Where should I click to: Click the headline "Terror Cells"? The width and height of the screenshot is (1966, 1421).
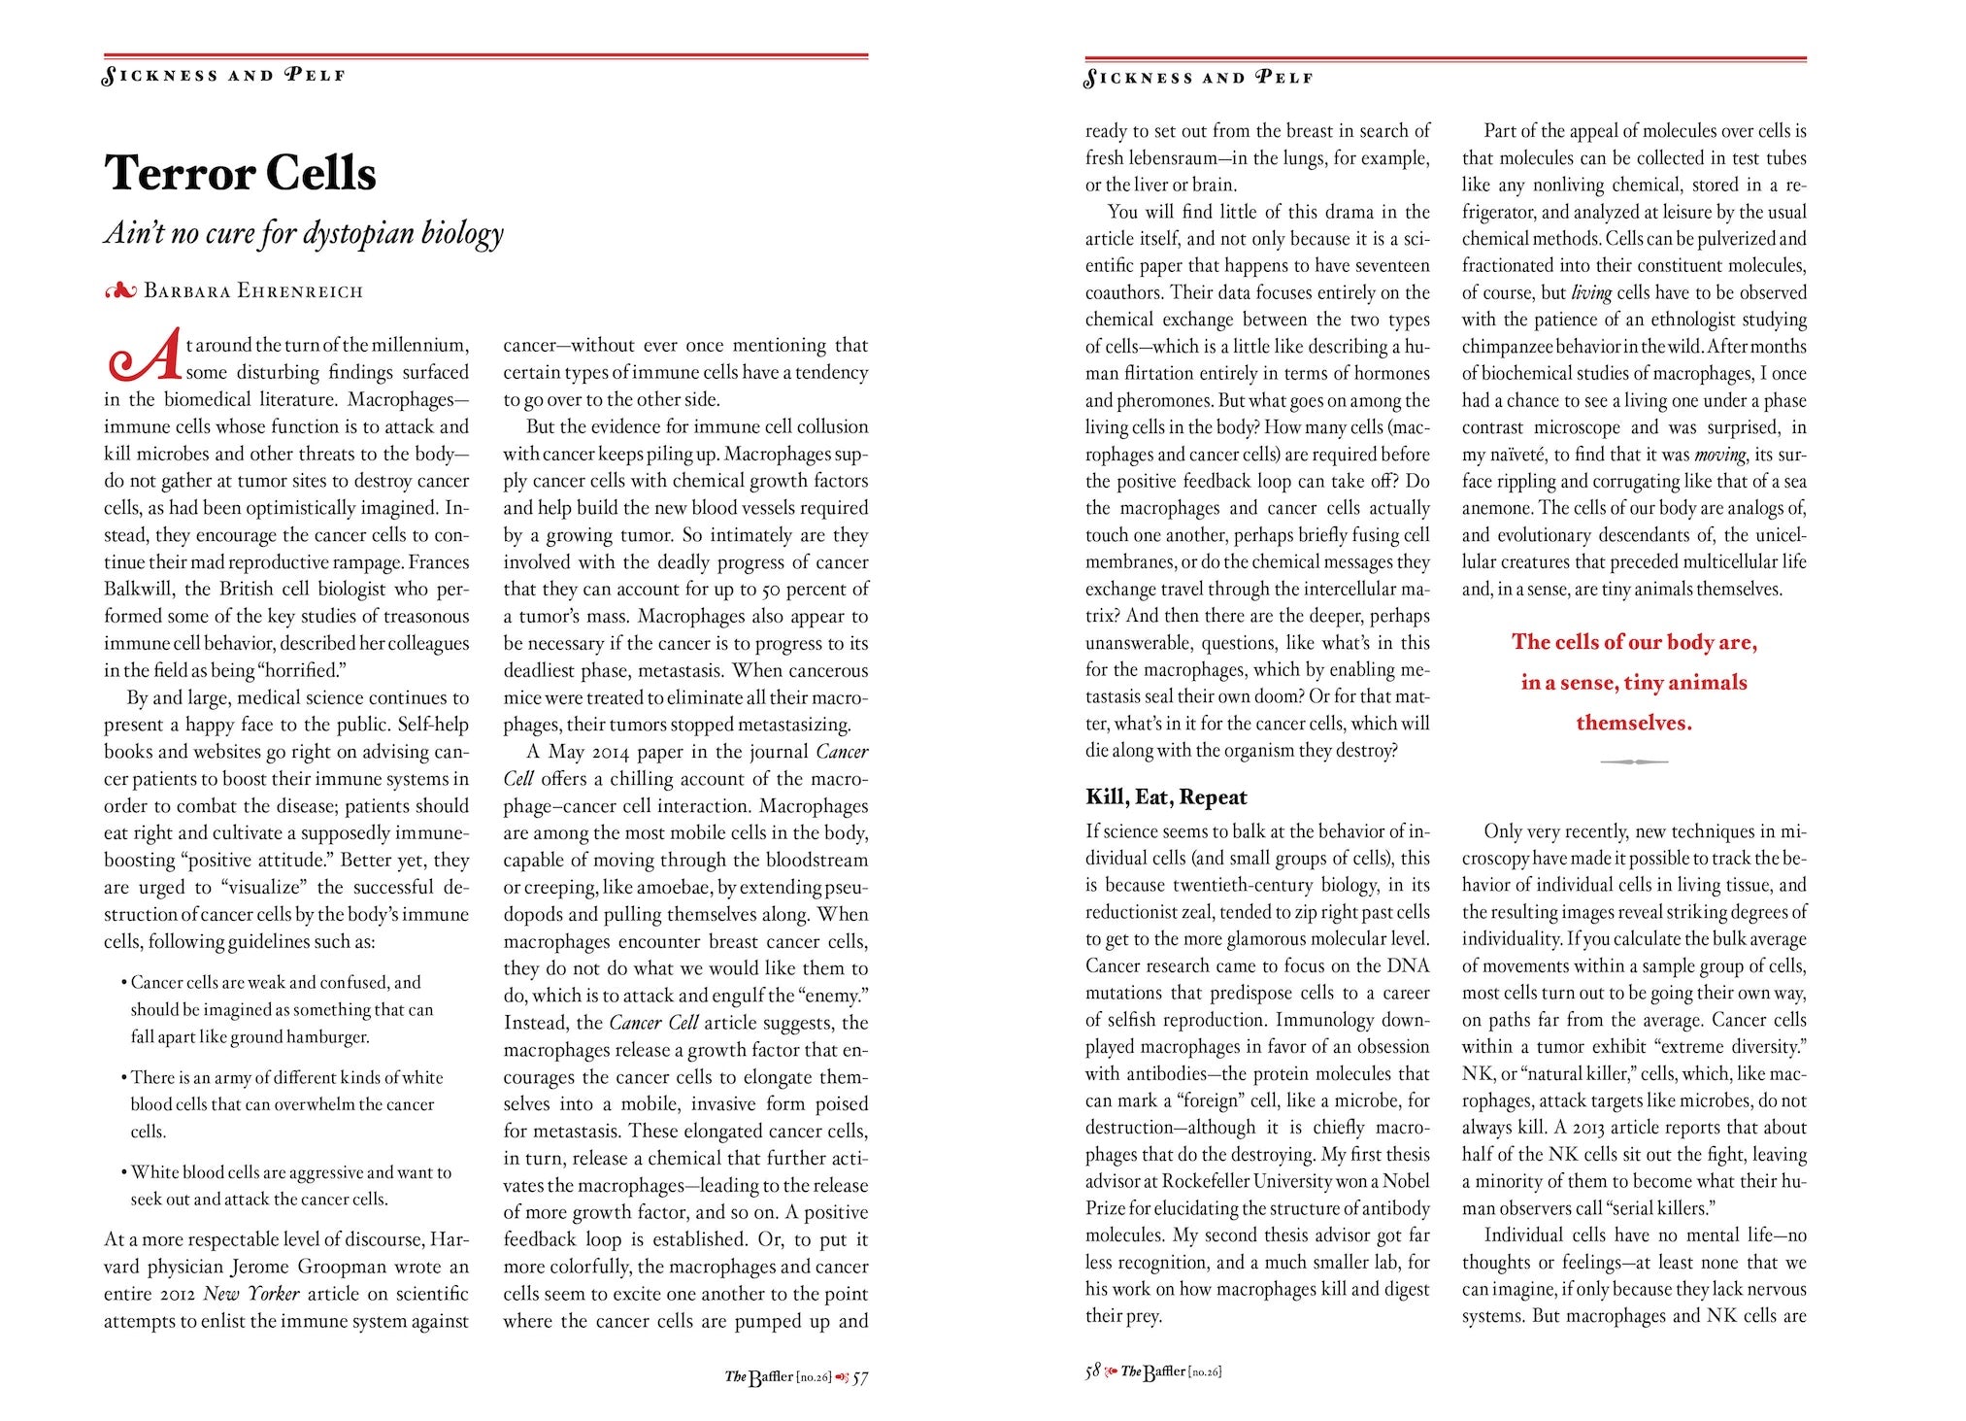(240, 173)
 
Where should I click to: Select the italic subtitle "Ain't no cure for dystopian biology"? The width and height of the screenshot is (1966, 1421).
(304, 234)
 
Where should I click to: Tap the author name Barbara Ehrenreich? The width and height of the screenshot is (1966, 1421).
(253, 290)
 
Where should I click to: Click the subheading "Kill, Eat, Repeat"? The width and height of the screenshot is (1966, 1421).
(1166, 797)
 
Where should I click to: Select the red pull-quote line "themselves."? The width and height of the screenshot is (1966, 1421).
(1633, 723)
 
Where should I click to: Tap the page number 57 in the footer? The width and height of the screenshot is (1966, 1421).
(859, 1378)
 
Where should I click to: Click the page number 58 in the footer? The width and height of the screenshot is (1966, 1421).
(1093, 1371)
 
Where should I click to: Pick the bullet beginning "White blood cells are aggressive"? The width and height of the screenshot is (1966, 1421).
(287, 1185)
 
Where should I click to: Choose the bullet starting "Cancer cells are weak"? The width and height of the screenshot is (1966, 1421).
(278, 1009)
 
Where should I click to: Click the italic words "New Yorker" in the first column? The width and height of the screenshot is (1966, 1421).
(250, 1294)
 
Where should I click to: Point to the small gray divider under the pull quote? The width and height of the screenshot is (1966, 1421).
(1633, 762)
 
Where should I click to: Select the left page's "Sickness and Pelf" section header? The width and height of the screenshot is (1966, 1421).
(224, 76)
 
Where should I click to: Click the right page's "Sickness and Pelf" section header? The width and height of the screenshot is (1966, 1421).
(1199, 78)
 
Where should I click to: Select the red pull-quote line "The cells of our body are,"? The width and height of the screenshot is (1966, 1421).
(1634, 642)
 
